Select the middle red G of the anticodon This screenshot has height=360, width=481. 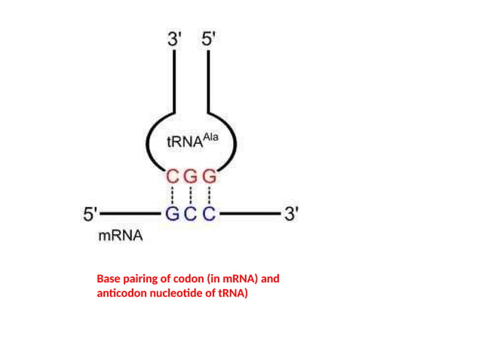pos(191,178)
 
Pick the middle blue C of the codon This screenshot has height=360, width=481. pos(191,214)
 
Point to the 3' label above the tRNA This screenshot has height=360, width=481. pos(175,38)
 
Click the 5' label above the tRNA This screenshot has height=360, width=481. pos(208,38)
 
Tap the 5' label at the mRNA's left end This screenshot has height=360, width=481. pos(90,215)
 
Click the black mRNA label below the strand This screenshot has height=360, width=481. pos(121,236)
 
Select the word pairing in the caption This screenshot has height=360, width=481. pos(145,279)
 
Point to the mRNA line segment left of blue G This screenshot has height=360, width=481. pos(132,214)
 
